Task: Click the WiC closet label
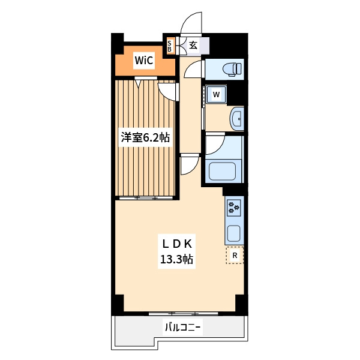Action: coord(143,61)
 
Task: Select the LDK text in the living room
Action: coord(175,244)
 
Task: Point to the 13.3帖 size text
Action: coord(175,260)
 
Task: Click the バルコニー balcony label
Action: coord(182,328)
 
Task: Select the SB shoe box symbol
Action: coord(170,46)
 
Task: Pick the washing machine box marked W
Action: coord(216,94)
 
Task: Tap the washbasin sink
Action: coord(236,119)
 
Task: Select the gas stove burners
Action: coord(234,208)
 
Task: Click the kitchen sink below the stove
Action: coord(233,232)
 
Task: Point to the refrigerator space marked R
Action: coord(235,256)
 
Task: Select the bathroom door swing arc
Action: coord(215,144)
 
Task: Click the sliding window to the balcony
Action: coord(183,313)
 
